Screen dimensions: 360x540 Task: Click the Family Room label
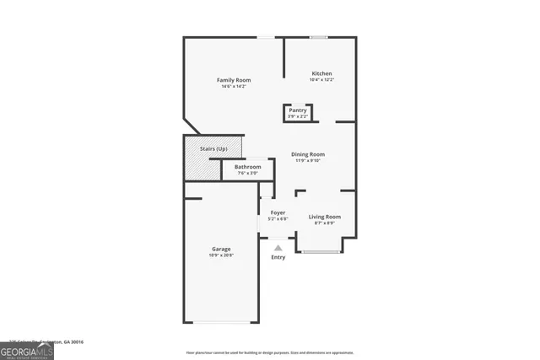point(234,80)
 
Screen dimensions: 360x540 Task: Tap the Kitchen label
point(321,73)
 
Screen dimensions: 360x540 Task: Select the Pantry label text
point(298,110)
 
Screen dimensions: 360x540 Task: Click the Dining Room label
point(308,154)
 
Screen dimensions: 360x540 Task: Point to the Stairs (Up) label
point(213,149)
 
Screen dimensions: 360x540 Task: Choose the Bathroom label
point(248,167)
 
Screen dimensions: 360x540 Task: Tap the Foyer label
point(278,212)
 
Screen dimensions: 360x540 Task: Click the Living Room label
point(324,217)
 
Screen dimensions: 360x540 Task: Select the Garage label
point(221,249)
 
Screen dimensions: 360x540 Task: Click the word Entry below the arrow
point(278,257)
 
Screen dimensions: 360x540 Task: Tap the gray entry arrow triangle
point(278,248)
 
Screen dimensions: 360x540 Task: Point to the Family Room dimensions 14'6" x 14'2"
point(234,86)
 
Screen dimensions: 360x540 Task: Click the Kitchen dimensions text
point(321,80)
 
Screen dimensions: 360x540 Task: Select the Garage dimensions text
point(221,255)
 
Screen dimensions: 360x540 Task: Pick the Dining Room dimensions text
point(308,160)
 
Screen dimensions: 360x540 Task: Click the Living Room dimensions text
point(324,223)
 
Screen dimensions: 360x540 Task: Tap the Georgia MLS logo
point(27,350)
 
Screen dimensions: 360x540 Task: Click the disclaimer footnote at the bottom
point(269,352)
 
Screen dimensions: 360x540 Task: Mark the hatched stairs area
point(202,167)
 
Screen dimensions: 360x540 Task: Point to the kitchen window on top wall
point(319,37)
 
